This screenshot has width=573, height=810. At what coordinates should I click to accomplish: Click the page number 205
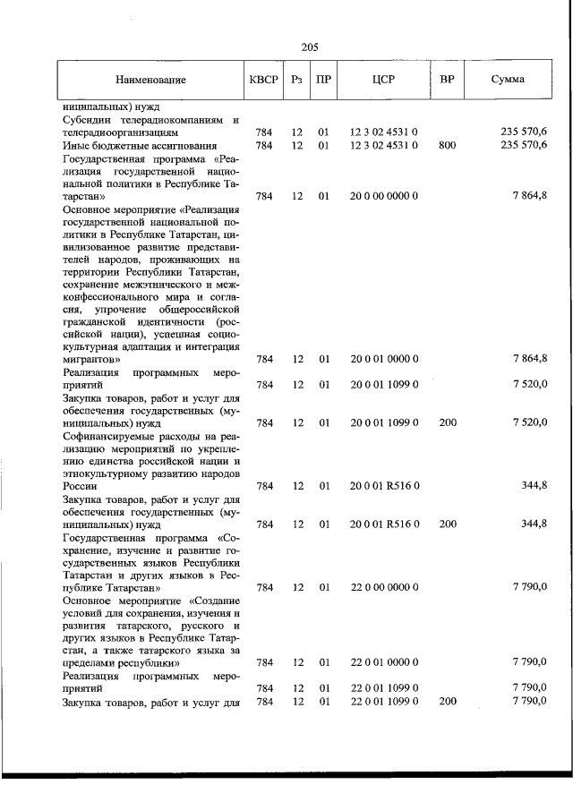[311, 47]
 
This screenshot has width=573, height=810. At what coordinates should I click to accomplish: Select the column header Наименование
[150, 80]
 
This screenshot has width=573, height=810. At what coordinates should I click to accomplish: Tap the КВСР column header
[264, 80]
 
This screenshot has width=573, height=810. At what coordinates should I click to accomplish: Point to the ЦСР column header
[383, 80]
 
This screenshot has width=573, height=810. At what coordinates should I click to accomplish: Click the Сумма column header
[508, 80]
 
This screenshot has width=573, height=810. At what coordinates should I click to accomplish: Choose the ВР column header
[448, 80]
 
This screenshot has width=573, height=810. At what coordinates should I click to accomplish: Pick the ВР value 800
[448, 145]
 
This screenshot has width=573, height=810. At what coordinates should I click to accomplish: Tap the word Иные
[76, 145]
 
